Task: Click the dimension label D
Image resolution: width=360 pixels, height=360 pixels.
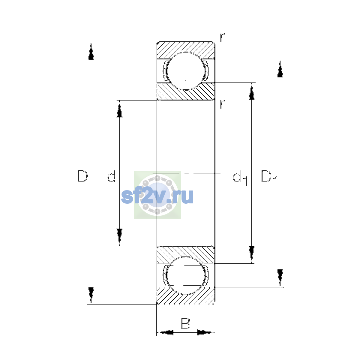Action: pos(82,176)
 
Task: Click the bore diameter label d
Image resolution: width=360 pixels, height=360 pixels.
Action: pos(112,176)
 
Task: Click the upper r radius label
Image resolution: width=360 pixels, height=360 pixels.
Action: pos(222,37)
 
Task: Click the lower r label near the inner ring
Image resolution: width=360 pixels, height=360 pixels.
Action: pos(222,104)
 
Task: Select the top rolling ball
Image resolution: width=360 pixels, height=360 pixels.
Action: pos(185,71)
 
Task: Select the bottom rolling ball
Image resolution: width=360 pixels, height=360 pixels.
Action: pos(185,276)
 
